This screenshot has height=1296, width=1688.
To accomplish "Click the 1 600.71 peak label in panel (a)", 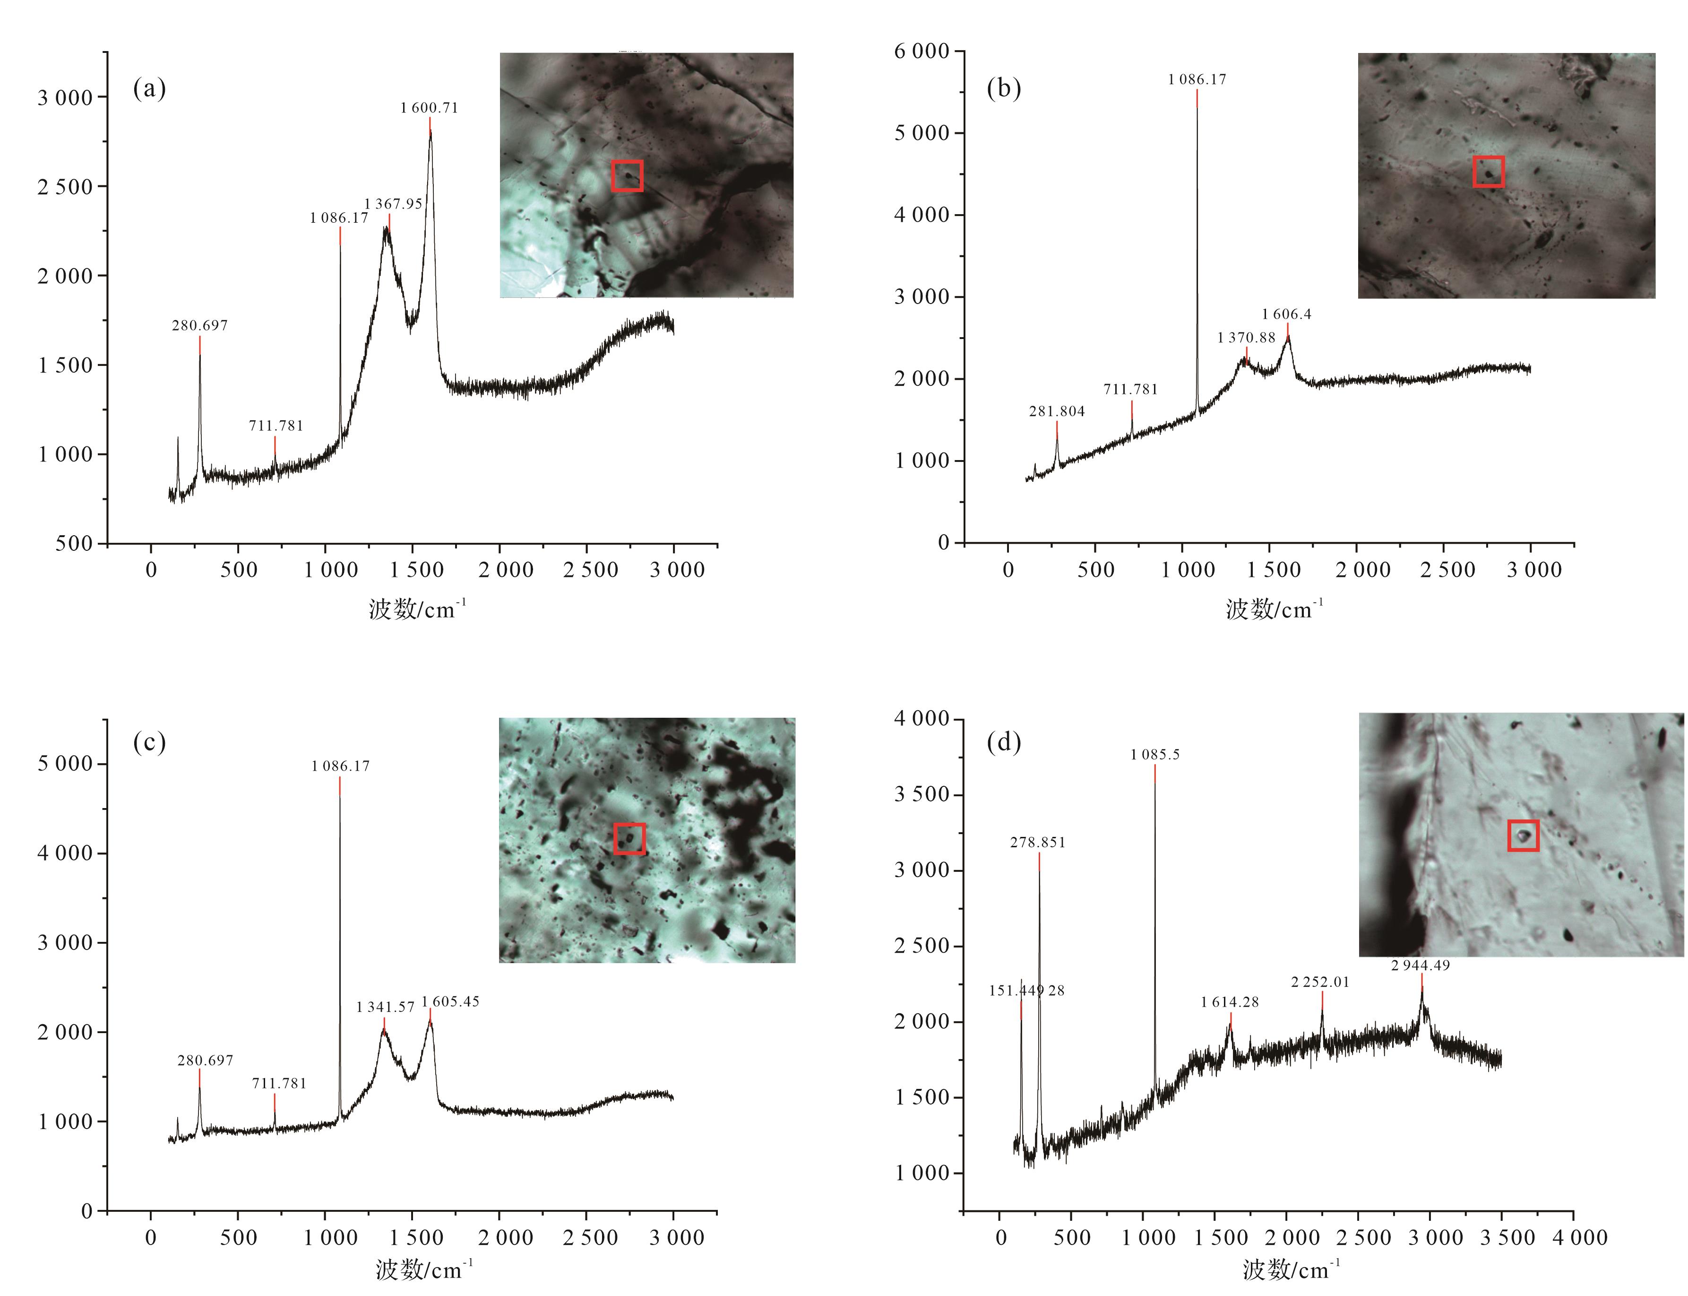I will click(429, 108).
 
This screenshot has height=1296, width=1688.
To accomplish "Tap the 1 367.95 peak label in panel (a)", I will click(393, 204).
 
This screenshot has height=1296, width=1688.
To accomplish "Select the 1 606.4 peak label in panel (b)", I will click(1286, 314).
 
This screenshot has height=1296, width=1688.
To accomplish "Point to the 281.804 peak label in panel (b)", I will click(1057, 411).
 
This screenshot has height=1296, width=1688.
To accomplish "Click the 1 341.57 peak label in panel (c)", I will click(385, 1007).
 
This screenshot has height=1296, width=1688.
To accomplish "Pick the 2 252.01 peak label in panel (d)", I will click(1320, 982).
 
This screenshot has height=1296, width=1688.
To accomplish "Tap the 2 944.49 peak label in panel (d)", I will click(1421, 965).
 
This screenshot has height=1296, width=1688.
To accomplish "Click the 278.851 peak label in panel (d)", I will click(1038, 843).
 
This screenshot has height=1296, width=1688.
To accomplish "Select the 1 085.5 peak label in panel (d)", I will click(1155, 755).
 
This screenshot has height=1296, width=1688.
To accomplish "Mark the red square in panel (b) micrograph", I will click(1488, 171).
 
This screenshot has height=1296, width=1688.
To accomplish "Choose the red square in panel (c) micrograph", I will click(629, 838).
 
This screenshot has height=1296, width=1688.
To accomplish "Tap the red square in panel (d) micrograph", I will click(1523, 835).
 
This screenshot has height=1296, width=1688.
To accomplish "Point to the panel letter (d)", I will click(1003, 742).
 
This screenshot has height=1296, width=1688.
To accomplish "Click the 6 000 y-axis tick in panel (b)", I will click(922, 51).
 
